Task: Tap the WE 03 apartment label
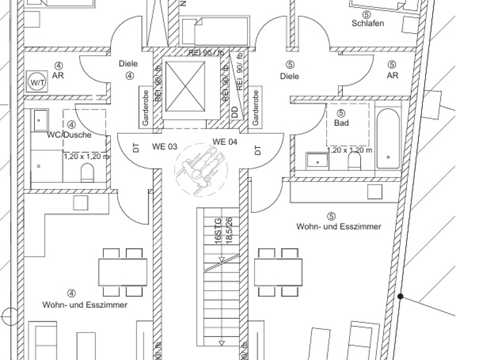coord(164,147)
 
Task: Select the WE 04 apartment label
coord(225,142)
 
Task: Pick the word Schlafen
coord(368,24)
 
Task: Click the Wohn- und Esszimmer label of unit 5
coord(338,226)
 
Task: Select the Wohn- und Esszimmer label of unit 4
coord(85,305)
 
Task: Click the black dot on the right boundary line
coord(400,296)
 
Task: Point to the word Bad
coord(341,123)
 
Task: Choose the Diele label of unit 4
coord(129,64)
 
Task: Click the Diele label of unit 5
coord(290,76)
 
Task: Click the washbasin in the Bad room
coord(316,159)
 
